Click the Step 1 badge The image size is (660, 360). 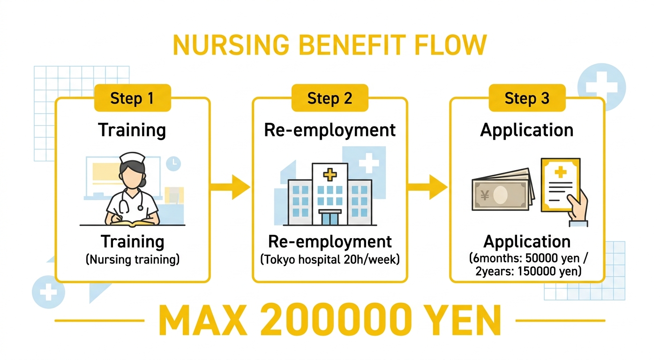coord(133,98)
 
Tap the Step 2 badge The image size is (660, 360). coord(330,98)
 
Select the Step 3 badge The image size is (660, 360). coord(527,98)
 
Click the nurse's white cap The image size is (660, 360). coord(132,157)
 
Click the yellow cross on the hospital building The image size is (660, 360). coord(330,174)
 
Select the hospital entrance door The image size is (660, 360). coord(330,217)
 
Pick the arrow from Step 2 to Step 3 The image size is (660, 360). coord(427,187)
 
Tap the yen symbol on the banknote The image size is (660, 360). coord(485,195)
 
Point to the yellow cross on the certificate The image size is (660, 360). coord(561,172)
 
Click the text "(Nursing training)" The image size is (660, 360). coord(133,260)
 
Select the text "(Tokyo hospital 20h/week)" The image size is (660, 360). coord(330,260)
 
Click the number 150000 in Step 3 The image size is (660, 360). coord(536,271)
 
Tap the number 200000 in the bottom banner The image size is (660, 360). coord(336,320)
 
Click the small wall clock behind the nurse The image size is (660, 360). coord(173,163)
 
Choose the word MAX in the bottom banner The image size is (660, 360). coord(203,320)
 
